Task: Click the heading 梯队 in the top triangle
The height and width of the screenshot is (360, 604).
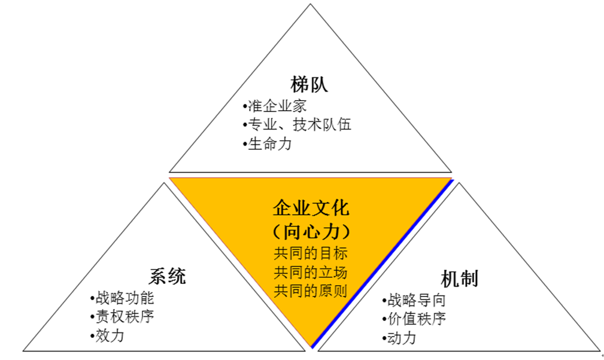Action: tap(309, 83)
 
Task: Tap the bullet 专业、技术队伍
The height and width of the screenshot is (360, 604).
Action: tap(299, 125)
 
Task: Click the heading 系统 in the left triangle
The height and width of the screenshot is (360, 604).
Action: tap(167, 276)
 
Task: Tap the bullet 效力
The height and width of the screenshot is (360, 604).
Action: tap(109, 335)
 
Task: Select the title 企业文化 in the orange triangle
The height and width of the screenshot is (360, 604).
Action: tap(311, 208)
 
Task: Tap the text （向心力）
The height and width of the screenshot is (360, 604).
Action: tap(311, 231)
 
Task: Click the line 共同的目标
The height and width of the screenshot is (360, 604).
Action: tap(311, 253)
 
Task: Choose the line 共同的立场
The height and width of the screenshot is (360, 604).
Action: tap(311, 272)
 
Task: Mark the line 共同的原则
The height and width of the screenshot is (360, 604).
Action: tap(311, 291)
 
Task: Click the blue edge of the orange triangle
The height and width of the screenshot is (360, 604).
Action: tap(383, 263)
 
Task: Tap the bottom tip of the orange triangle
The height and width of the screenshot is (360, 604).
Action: tap(311, 347)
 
